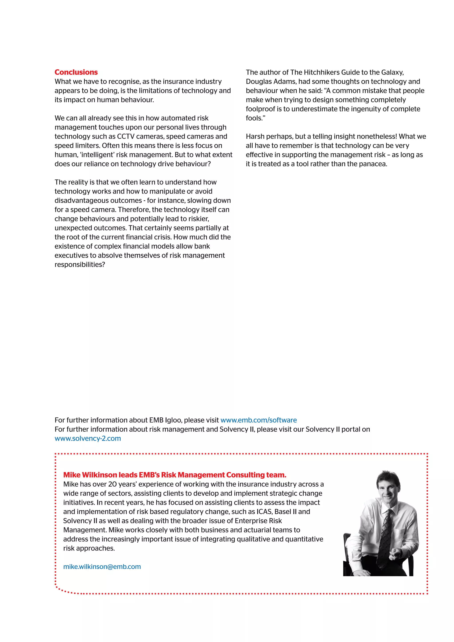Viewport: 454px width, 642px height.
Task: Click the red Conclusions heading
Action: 76,72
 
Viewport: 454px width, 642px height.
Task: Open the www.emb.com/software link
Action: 259,420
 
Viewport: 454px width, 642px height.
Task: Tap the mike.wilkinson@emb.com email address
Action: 102,566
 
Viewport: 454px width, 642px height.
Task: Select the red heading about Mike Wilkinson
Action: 175,475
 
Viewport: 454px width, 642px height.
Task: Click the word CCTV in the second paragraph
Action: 125,137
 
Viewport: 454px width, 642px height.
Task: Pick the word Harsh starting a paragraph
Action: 255,137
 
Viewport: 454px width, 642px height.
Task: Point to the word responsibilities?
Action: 80,264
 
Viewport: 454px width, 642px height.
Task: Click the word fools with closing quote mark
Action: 255,118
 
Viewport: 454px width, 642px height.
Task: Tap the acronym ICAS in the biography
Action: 264,511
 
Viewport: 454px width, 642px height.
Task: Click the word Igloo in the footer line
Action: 173,420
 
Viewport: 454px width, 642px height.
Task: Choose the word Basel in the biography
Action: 283,511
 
